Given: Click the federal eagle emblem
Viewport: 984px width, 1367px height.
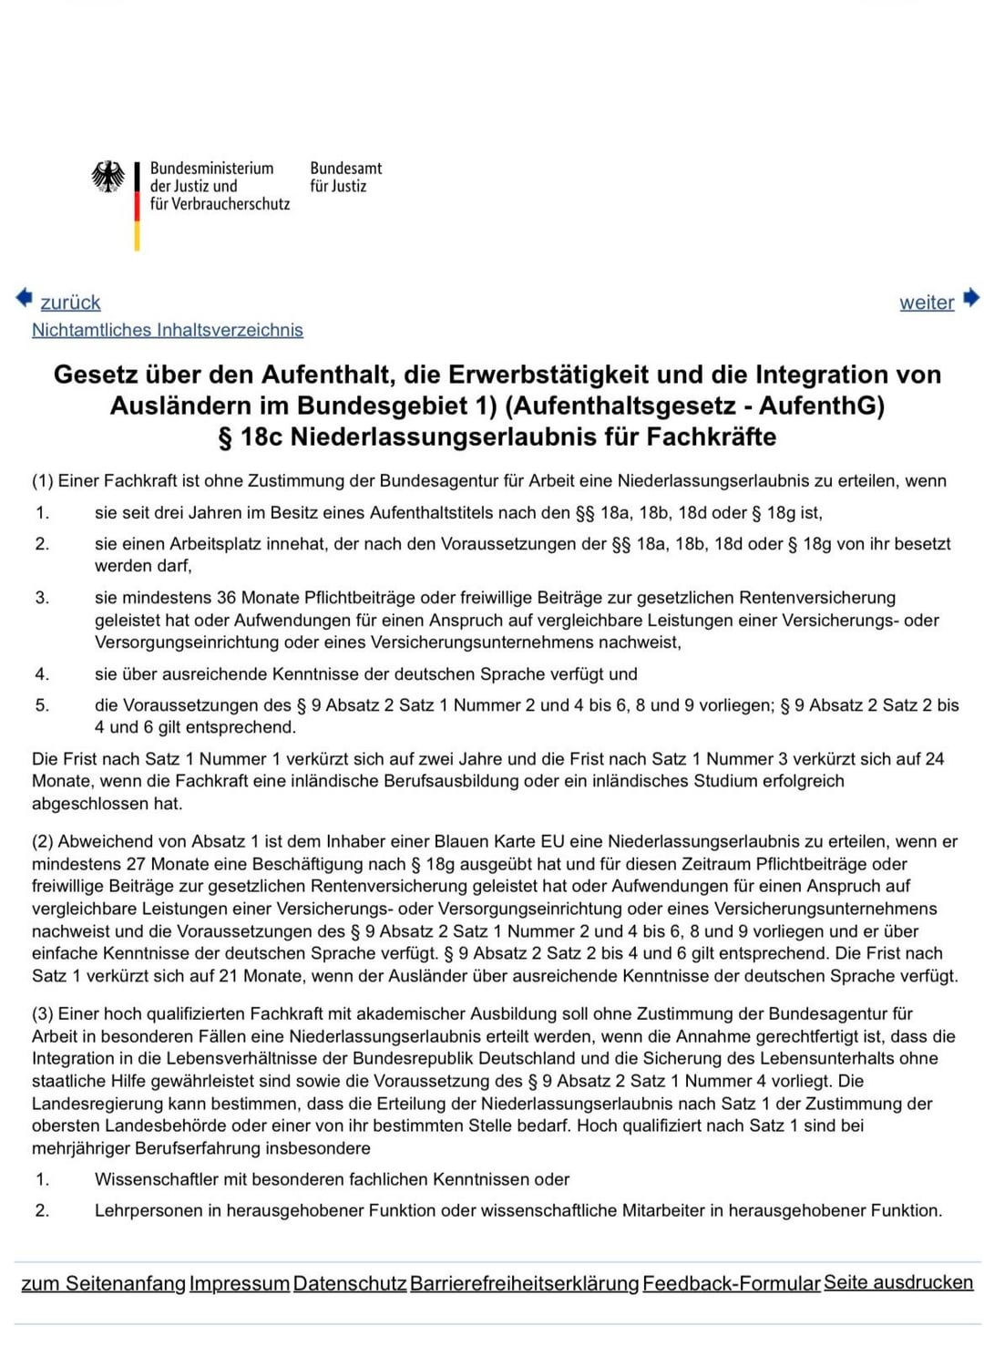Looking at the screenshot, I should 108,177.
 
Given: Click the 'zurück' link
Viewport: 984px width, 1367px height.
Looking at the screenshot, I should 70,303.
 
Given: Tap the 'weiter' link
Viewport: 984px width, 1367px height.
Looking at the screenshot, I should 927,303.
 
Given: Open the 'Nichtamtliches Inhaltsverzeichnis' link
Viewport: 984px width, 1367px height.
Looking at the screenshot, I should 168,330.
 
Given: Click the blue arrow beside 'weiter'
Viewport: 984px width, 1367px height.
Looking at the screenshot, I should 971,297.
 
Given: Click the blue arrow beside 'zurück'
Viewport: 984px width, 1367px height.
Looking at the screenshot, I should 24,297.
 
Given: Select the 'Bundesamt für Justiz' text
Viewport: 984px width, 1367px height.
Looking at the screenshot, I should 345,177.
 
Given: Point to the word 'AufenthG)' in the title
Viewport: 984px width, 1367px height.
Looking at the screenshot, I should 821,406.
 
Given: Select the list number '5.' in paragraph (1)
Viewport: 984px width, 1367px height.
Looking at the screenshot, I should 42,705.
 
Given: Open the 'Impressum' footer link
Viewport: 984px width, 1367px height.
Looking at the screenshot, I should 240,1283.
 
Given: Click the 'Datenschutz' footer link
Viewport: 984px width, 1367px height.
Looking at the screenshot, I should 350,1283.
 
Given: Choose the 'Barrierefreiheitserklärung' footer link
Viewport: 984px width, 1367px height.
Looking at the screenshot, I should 524,1283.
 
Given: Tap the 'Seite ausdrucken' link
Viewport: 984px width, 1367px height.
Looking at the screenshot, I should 898,1282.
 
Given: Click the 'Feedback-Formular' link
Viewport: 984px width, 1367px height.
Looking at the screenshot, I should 731,1283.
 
